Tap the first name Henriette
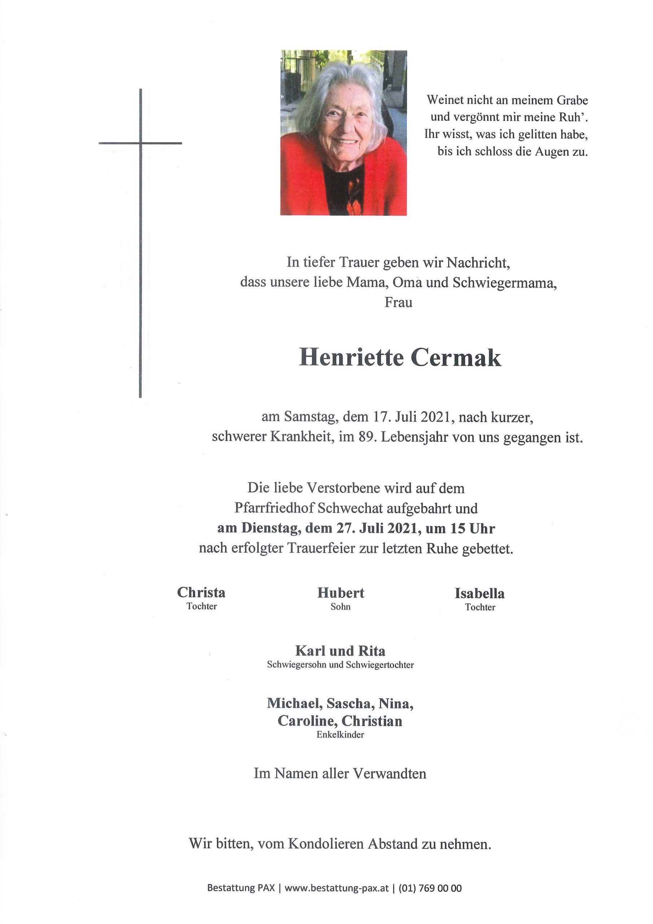(351, 358)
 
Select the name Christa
(201, 592)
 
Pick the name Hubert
(341, 592)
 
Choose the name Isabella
(479, 593)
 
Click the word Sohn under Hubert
(341, 607)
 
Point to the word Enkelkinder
(340, 735)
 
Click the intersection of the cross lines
(140, 143)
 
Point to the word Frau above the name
(398, 302)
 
